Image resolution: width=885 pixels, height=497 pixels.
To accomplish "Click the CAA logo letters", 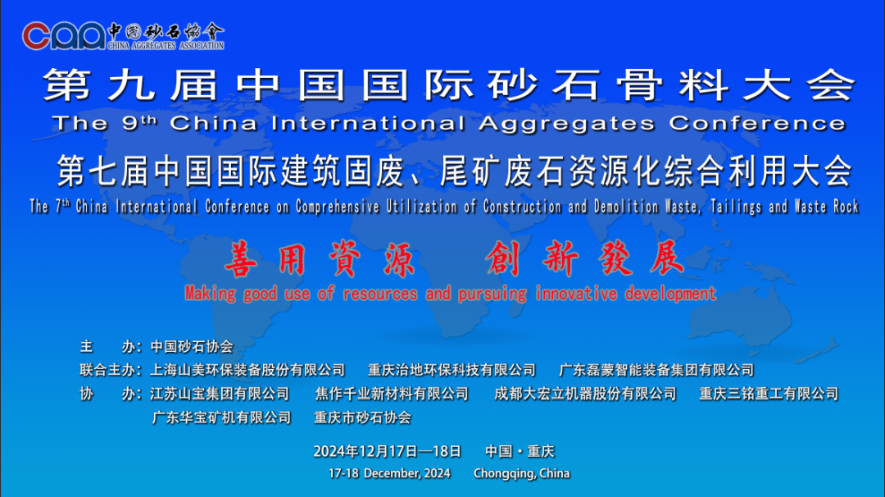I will tap(64, 35).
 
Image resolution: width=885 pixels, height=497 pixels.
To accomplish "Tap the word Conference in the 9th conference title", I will tap(757, 124).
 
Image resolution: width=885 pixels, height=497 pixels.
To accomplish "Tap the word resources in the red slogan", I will tap(379, 294).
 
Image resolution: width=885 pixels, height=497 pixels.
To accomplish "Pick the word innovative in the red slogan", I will tap(577, 294).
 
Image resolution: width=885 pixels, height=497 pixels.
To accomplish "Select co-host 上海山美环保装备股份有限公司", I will tap(247, 370).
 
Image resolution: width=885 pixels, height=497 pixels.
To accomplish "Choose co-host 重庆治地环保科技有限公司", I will tap(452, 370).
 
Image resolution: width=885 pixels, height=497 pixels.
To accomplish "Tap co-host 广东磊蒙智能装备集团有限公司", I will tap(656, 370).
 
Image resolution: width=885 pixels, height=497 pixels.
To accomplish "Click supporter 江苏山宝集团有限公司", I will tap(220, 394).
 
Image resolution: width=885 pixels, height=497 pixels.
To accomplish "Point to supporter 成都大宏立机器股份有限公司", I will tap(585, 394).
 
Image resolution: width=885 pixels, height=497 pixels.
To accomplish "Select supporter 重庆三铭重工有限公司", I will tap(769, 394).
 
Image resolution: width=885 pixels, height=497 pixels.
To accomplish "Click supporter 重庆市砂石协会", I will tap(362, 417).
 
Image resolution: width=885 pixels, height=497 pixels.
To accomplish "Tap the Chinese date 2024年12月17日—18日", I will tap(387, 451).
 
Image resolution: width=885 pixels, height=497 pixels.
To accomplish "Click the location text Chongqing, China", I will tap(521, 473).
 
